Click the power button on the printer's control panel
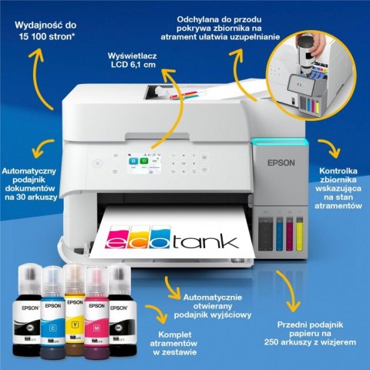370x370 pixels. tap(96, 163)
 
